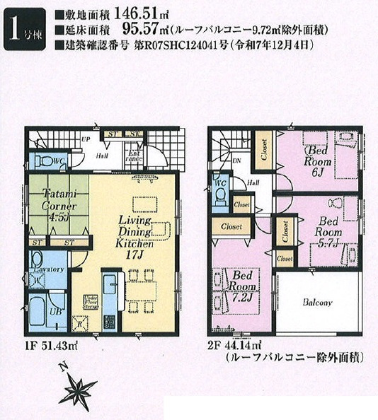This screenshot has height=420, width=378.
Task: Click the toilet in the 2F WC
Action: pos(220,192)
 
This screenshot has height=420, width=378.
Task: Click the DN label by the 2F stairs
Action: pos(238,161)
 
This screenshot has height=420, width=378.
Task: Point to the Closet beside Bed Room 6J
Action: pos(264,150)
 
